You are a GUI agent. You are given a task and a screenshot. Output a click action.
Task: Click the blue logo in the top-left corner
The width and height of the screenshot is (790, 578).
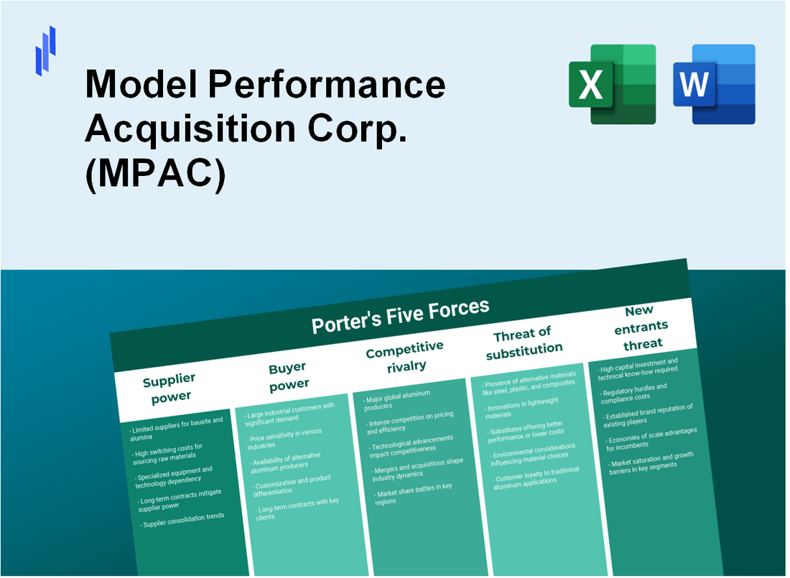(x=45, y=50)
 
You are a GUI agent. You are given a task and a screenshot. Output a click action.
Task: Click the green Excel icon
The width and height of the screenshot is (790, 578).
(x=612, y=84)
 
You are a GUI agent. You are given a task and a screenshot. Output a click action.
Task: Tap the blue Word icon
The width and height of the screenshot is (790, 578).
(x=714, y=84)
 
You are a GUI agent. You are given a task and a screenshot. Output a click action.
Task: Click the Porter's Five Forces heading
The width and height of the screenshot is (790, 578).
(x=400, y=316)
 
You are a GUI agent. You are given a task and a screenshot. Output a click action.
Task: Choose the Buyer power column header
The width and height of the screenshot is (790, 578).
(x=288, y=376)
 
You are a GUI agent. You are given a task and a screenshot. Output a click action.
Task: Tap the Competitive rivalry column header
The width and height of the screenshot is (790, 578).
(x=405, y=356)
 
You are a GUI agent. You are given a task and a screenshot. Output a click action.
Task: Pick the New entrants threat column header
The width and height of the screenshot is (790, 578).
(x=641, y=327)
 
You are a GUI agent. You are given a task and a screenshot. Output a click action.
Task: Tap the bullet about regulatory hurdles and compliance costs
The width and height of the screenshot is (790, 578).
(x=634, y=391)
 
